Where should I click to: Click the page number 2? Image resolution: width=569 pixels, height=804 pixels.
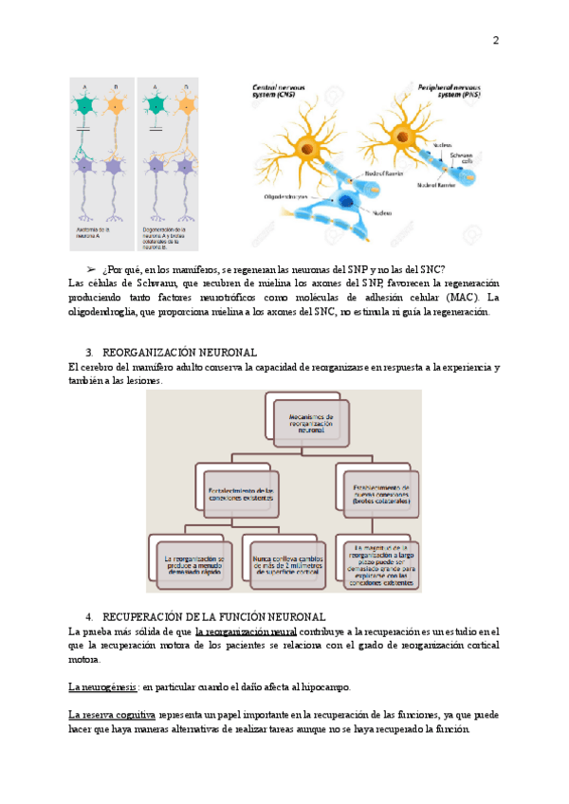click(x=495, y=40)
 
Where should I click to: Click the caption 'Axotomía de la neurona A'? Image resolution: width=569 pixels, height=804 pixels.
click(x=94, y=231)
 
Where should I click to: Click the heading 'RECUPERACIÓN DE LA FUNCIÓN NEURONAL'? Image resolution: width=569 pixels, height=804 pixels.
click(x=213, y=616)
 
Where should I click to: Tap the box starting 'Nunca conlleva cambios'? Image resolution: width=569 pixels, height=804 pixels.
click(x=285, y=564)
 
